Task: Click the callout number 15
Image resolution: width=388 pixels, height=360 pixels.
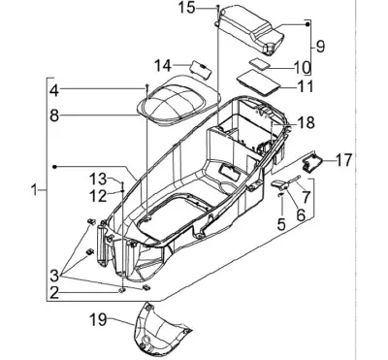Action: pyautogui.click(x=187, y=8)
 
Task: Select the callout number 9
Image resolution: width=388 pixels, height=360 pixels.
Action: pyautogui.click(x=320, y=47)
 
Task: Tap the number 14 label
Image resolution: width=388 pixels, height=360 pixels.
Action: pyautogui.click(x=163, y=66)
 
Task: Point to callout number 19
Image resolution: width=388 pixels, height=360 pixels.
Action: pyautogui.click(x=98, y=319)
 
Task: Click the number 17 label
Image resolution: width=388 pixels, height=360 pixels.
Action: pyautogui.click(x=343, y=160)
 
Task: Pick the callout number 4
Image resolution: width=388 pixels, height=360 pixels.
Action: pyautogui.click(x=54, y=90)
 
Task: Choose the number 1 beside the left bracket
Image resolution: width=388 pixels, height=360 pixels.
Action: pyautogui.click(x=34, y=189)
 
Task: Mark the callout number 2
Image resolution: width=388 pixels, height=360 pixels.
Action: pyautogui.click(x=54, y=293)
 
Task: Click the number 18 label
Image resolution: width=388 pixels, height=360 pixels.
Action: pyautogui.click(x=306, y=123)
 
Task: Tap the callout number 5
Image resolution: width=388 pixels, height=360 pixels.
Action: pyautogui.click(x=281, y=224)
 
